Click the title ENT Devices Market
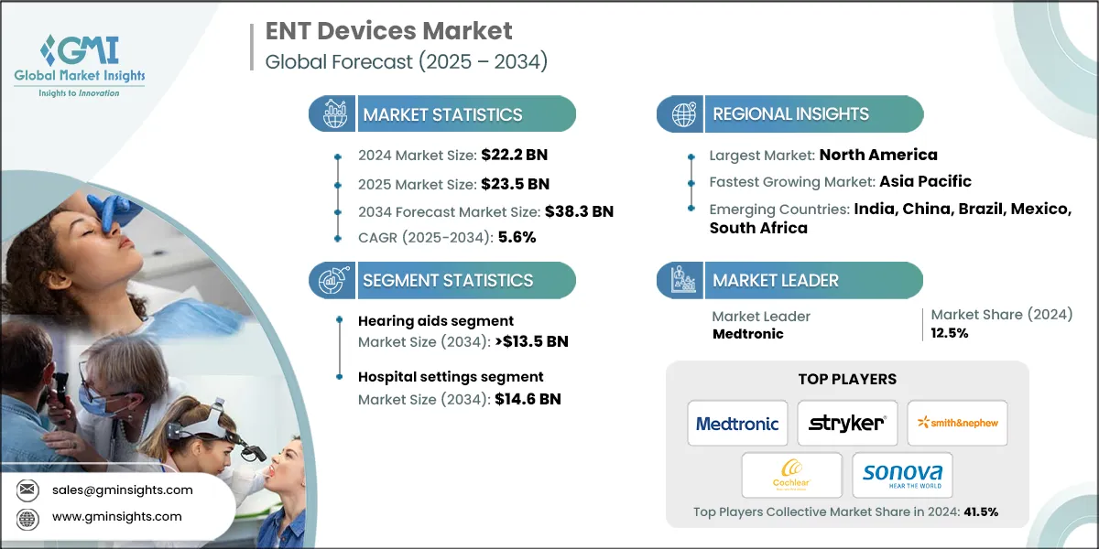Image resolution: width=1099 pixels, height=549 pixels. (389, 31)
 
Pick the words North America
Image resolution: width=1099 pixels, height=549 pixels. (878, 155)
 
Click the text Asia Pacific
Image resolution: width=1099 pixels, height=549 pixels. (912, 181)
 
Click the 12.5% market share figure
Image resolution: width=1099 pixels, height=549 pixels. (950, 333)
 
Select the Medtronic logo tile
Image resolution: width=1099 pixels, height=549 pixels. (737, 424)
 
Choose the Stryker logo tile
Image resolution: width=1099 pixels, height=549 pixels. (847, 424)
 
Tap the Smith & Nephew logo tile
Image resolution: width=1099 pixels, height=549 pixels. (957, 424)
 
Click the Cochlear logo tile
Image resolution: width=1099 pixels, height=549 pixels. (791, 476)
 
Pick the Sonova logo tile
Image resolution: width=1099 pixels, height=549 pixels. (902, 476)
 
